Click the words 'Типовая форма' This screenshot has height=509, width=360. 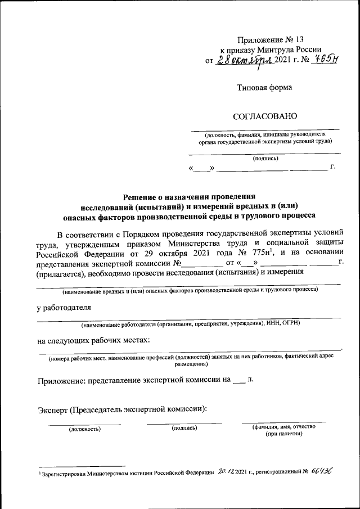tap(264, 87)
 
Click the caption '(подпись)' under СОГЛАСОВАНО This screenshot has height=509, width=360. tap(264, 159)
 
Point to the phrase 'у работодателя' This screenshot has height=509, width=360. tap(61, 308)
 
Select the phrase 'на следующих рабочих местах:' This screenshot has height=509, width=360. tap(93, 340)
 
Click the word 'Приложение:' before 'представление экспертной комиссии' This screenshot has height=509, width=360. tap(60, 380)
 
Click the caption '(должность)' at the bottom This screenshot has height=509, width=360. tap(84, 429)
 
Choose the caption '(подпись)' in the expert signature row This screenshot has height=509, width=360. tap(184, 429)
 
